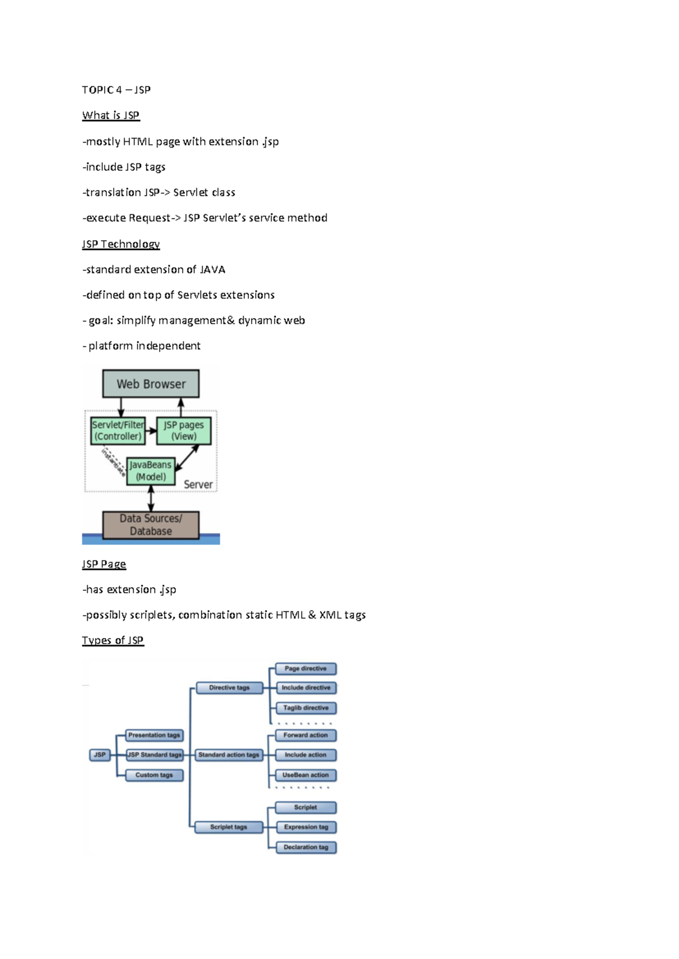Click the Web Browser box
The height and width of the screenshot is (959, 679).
[151, 383]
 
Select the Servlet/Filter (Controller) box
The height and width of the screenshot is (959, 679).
[118, 431]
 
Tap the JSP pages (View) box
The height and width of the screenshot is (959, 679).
[184, 431]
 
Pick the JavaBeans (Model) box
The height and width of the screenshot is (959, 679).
[151, 471]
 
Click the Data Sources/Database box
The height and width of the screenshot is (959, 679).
[151, 525]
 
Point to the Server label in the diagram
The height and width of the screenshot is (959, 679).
[198, 485]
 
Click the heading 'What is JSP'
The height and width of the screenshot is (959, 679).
[111, 115]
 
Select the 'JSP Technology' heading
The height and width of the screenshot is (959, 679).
[121, 244]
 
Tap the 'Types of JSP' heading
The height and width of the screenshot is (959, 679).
[113, 641]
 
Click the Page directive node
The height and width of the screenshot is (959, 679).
[306, 669]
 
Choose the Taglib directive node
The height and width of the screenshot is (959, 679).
[306, 708]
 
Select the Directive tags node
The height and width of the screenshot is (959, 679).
[230, 688]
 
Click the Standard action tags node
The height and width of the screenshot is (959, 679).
[229, 755]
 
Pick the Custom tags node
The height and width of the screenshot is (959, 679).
[154, 775]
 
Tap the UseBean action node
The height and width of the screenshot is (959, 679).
[306, 775]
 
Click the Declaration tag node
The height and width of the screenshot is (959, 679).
[306, 847]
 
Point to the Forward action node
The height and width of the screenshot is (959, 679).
[306, 735]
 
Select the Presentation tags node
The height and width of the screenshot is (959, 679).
[154, 735]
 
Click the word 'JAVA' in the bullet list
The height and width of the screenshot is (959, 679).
[213, 270]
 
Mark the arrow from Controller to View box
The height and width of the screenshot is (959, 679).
[151, 431]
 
